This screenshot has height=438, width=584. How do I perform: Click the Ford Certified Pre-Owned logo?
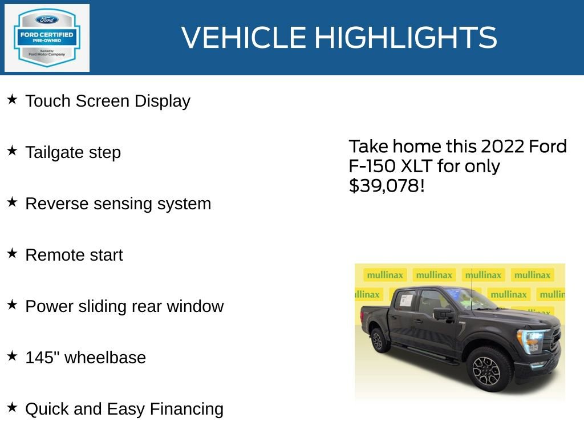[47, 38]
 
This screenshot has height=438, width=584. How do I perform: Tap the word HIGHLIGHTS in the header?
[405, 38]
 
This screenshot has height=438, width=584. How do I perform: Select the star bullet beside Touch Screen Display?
[12, 100]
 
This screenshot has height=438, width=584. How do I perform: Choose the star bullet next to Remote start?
[12, 254]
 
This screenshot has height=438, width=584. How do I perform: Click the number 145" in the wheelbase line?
[42, 357]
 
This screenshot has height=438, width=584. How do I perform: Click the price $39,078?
[387, 186]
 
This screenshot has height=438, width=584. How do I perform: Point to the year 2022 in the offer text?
[502, 147]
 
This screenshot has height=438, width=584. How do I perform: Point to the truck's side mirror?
[443, 313]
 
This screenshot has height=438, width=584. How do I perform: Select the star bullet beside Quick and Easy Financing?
[12, 408]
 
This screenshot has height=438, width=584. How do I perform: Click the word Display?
[163, 102]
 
